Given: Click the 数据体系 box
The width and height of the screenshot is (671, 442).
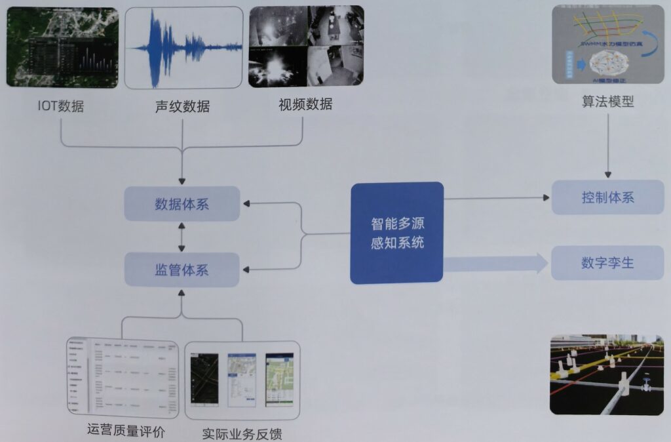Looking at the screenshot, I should pos(182,203).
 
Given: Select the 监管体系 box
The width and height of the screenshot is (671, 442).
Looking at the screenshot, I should pos(182,269).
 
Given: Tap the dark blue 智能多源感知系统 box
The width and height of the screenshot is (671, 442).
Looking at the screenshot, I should pos(397,233).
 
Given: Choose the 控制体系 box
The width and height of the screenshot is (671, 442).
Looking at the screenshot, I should pos(607,197).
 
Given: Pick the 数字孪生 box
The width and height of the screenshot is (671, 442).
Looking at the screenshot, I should pos(607,263).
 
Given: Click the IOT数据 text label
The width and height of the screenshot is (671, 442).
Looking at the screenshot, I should pos(60,106).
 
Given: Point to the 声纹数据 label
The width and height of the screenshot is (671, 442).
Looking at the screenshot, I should pos(182,106).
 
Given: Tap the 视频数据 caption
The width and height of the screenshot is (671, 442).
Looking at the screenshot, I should pos(305,104).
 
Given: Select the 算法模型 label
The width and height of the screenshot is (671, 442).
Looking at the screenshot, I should pos(607,102).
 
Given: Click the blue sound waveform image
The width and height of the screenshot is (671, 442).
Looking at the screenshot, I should pos(183,47).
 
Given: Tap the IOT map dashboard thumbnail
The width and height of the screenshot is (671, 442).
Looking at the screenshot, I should pos(62,47).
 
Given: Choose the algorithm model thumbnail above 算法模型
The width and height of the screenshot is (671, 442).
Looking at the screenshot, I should pos(608,45).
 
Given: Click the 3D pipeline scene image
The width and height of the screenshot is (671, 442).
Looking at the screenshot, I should pos(607,375).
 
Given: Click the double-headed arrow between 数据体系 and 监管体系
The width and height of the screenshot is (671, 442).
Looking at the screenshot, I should pos(182,236).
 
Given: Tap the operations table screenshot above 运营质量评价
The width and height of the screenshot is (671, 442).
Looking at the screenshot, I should pos(123,378).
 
